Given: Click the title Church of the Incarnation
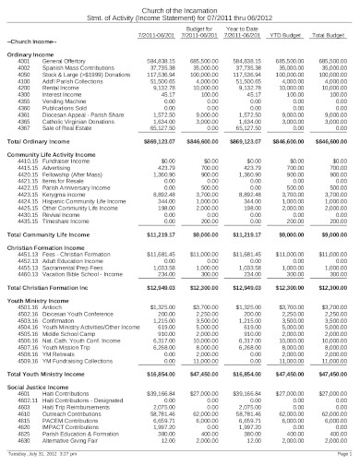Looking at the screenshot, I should (x=180, y=6).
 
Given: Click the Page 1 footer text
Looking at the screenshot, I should (x=342, y=455).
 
